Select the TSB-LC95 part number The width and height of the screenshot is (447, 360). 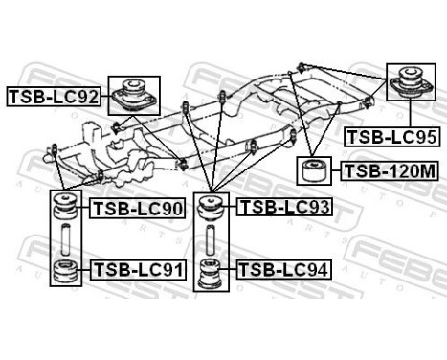pos(391,137)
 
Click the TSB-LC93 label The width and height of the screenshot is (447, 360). pos(283,206)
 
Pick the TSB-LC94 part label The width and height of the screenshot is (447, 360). pos(283,271)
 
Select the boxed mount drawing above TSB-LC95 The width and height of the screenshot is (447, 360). pos(412,86)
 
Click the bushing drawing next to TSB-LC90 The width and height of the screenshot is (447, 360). pos(66,208)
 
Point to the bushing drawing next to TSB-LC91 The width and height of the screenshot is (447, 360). pos(66,271)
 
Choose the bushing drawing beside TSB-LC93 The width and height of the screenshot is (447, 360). pos(212,206)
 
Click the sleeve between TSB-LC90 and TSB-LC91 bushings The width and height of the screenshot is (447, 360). pos(66,239)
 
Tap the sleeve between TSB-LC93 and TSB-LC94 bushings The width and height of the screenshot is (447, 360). pos(212,239)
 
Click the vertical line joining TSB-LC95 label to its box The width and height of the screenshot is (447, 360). pos(412,120)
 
